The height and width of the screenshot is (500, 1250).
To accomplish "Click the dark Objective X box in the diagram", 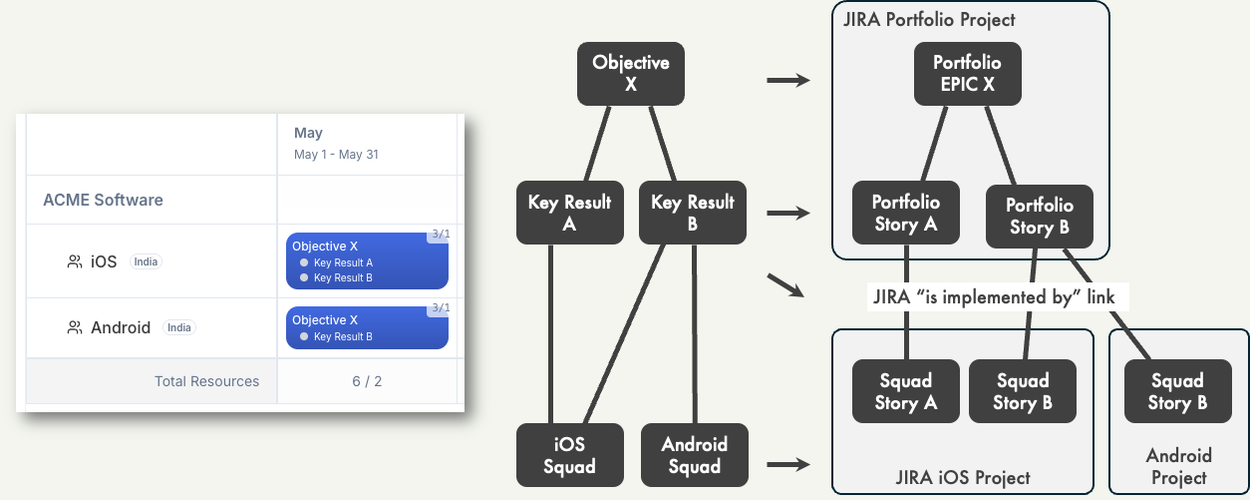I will tap(630, 73).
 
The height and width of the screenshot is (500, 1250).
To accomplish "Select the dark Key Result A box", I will tap(569, 213).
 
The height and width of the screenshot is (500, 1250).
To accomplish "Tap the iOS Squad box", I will tap(569, 455).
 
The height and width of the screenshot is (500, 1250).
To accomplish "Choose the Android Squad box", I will tap(694, 455).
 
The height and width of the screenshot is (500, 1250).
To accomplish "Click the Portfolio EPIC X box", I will tap(967, 73).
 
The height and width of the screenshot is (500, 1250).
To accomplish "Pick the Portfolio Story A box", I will tap(905, 213).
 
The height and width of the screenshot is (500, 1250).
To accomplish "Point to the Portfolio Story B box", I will tap(1039, 217).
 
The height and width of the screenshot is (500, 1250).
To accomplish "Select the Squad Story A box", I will tap(905, 391).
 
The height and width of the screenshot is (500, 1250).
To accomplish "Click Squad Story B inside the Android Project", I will tap(1176, 391).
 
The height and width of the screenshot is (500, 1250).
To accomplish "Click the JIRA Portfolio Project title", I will tap(929, 20).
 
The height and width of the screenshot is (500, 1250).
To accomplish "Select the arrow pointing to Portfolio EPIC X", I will tap(787, 80).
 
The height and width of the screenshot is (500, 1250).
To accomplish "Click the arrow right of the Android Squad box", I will tap(787, 463).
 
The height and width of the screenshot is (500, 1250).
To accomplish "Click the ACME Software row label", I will tap(103, 200).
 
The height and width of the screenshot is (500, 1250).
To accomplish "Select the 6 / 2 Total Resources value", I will tap(367, 381).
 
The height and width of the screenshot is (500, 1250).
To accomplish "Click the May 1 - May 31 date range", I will tap(336, 155).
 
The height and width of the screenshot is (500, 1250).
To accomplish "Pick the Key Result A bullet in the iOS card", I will tap(339, 262).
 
